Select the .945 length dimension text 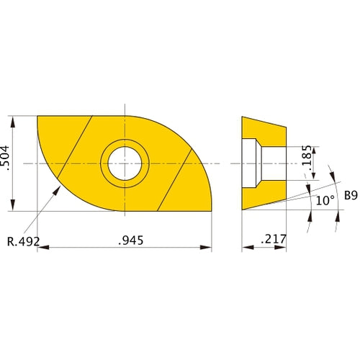(x=125, y=240)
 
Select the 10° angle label (x=325, y=202)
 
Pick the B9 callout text (x=351, y=194)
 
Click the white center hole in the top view (x=125, y=163)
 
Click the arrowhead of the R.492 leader (x=58, y=189)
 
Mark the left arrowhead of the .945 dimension (x=40, y=248)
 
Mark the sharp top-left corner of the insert (x=37, y=116)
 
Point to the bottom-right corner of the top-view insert (x=212, y=212)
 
